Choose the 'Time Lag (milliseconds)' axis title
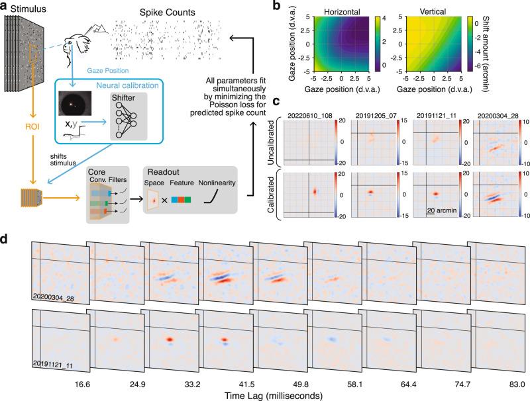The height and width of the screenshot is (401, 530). click(x=265, y=395)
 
